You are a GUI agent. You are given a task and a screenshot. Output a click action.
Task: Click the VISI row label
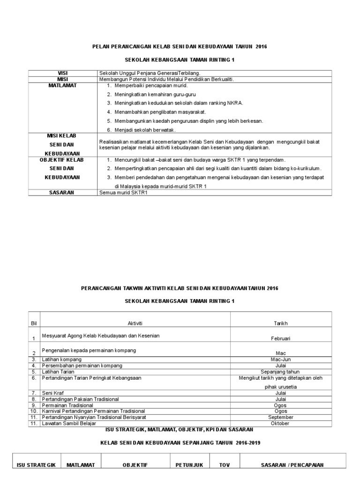pyautogui.click(x=63, y=73)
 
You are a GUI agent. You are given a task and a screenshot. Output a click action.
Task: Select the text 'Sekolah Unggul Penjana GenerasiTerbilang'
pyautogui.click(x=150, y=73)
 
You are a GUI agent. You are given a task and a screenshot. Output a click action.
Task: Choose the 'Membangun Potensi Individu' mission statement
pyautogui.click(x=166, y=79)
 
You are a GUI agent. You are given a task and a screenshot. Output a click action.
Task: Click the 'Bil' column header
pyautogui.click(x=33, y=323)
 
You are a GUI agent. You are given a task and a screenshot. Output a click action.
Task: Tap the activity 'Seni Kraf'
pyautogui.click(x=54, y=392)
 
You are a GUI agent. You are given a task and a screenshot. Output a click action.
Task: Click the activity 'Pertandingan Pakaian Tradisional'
pyautogui.click(x=80, y=399)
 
